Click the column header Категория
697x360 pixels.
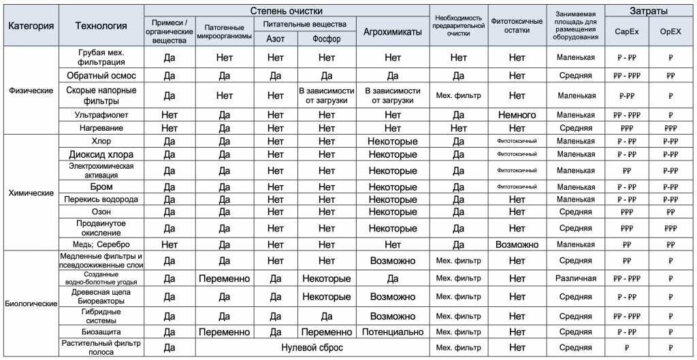[x=31, y=26]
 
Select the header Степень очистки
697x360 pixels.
[x=287, y=11]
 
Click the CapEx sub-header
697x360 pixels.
[x=626, y=31]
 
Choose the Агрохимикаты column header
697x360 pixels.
[x=393, y=31]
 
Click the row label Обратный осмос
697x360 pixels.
[x=101, y=75]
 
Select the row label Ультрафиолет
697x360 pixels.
[x=101, y=115]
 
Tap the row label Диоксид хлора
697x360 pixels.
[x=101, y=154]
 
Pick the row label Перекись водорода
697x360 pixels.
[x=101, y=199]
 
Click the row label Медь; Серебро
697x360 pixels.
[x=101, y=244]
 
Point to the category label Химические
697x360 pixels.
[x=31, y=193]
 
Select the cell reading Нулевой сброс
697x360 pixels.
[x=312, y=347]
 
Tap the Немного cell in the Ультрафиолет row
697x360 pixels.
[x=517, y=115]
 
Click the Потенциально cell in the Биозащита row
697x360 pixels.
[x=393, y=331]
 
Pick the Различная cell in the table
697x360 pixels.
[x=575, y=278]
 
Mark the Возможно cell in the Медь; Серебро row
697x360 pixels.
[x=517, y=244]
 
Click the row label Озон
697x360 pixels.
[x=101, y=212]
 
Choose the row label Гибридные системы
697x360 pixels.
[x=101, y=316]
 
